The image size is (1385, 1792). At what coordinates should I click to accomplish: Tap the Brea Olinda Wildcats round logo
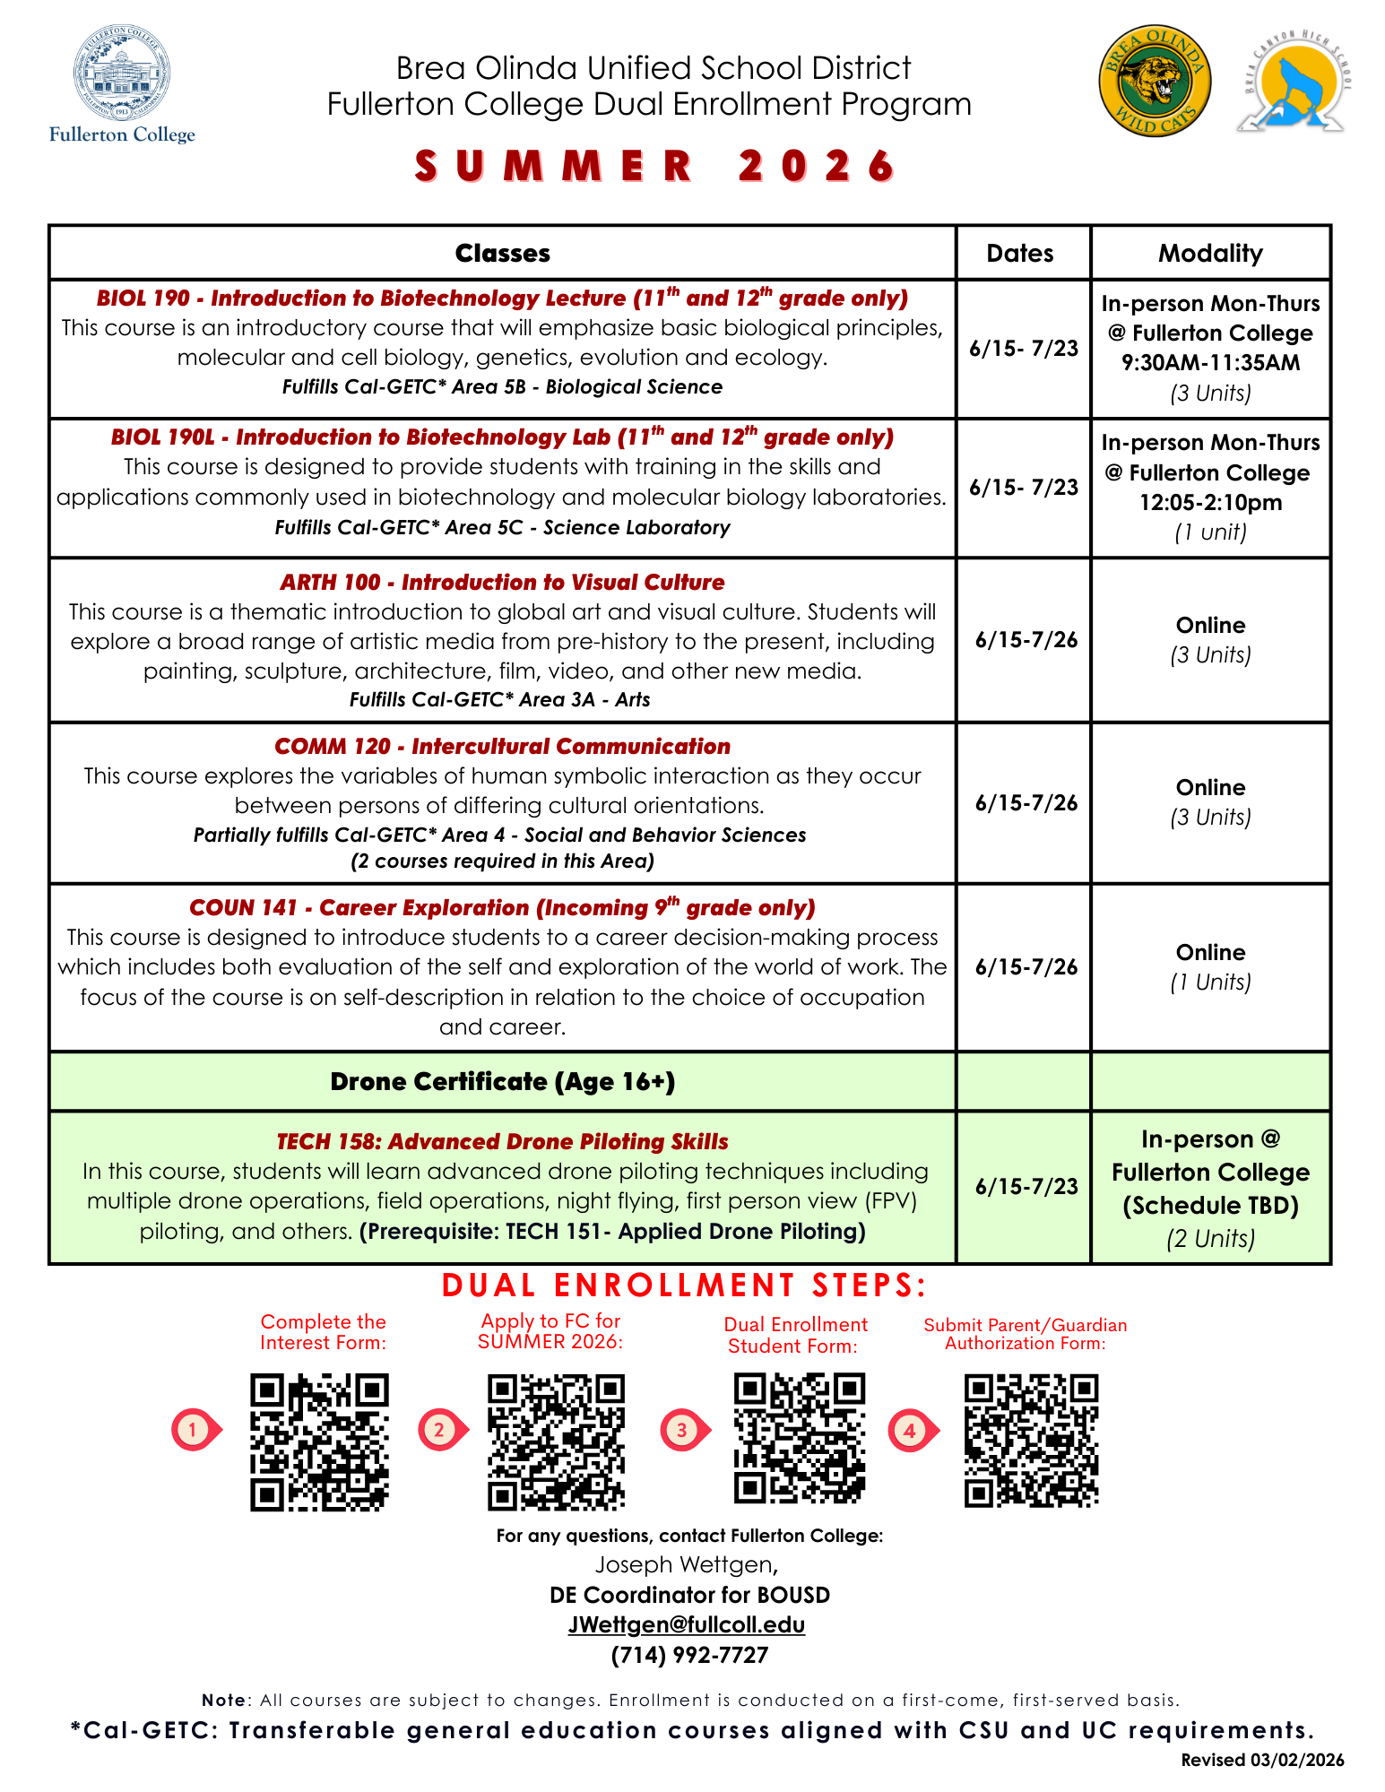coord(1155,81)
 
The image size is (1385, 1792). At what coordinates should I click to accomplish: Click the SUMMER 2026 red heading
coord(655,167)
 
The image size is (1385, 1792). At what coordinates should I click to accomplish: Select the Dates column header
coord(1020,254)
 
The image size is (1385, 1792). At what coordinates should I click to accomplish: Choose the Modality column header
coord(1209,254)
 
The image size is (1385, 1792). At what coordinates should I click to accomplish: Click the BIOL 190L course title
coord(502,437)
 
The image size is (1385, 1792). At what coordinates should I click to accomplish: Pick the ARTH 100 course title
coord(502,583)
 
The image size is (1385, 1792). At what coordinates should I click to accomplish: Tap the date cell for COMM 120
coord(1026,803)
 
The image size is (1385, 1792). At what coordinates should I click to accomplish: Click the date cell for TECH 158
coord(1026,1187)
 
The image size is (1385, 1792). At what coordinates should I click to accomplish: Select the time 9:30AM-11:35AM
coord(1210,363)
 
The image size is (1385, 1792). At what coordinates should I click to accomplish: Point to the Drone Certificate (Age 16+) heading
coord(502,1082)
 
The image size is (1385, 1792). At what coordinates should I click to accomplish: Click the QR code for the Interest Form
coord(319,1441)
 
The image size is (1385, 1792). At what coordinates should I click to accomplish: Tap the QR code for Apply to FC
coord(556,1441)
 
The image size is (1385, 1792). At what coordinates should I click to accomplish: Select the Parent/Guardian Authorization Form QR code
coord(1031,1440)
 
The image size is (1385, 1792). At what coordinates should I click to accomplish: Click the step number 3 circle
coord(681,1430)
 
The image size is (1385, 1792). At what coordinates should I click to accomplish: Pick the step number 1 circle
coord(192,1429)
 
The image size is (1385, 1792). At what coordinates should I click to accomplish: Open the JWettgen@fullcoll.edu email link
coord(687,1625)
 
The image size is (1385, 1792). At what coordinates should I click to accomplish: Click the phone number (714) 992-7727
coord(689,1655)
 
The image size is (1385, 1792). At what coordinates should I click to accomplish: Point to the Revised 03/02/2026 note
coord(1262,1760)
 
